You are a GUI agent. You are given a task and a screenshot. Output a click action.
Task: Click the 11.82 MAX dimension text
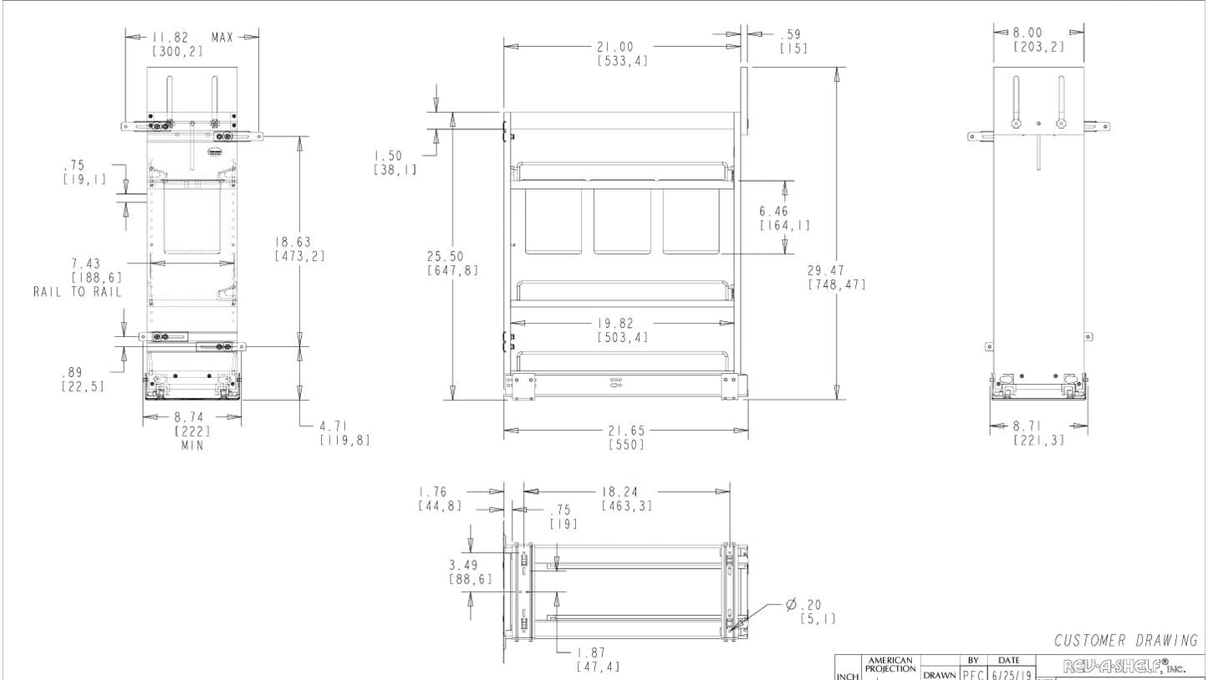[192, 38]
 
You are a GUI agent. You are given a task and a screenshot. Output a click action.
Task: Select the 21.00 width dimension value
[614, 48]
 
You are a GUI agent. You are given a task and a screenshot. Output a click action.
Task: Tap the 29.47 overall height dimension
[826, 271]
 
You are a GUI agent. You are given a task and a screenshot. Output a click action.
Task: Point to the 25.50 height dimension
[445, 257]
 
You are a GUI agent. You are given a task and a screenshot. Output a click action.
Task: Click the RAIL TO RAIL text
[77, 292]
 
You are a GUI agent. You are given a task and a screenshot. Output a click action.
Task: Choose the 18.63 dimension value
[293, 243]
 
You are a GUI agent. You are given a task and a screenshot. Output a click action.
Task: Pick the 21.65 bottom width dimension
[627, 431]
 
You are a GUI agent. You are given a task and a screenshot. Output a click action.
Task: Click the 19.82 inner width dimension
[622, 324]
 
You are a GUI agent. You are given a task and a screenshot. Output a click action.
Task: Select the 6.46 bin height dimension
[774, 212]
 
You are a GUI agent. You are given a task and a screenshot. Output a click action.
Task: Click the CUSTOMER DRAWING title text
[1125, 641]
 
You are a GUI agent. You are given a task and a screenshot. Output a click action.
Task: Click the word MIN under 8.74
[192, 445]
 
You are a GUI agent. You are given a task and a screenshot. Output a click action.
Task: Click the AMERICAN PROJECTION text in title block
[891, 665]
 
